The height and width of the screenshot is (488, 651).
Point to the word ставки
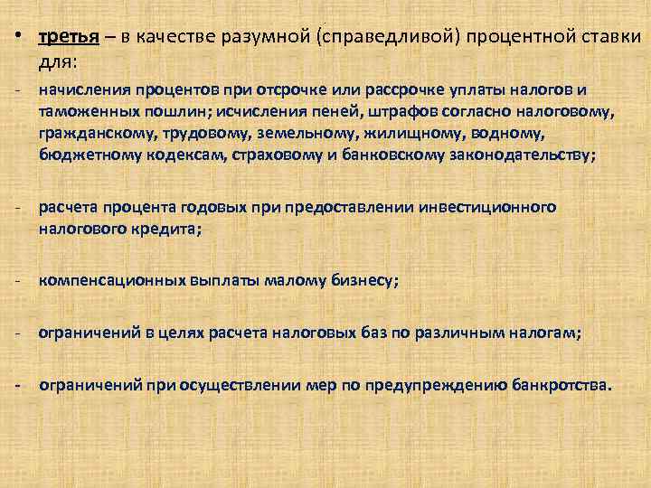click(608, 38)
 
